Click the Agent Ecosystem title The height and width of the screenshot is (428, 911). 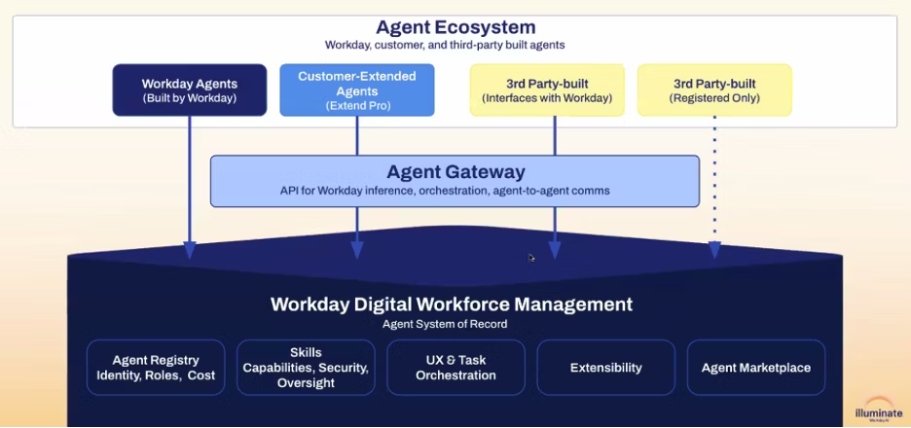click(x=455, y=27)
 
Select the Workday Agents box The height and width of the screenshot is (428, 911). click(x=189, y=90)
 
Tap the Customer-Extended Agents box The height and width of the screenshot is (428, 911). click(x=356, y=90)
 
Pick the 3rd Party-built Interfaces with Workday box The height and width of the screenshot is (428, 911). click(x=547, y=90)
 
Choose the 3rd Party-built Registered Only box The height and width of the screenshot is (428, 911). click(x=714, y=90)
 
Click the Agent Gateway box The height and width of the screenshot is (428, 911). click(x=455, y=181)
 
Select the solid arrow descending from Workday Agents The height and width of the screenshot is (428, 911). click(x=189, y=185)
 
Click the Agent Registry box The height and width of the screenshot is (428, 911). click(x=156, y=367)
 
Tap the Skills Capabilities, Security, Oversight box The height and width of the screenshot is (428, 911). click(x=306, y=367)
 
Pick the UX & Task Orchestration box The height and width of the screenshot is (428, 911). click(x=455, y=367)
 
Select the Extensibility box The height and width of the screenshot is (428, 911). click(x=605, y=367)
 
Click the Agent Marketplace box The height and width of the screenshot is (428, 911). click(x=755, y=367)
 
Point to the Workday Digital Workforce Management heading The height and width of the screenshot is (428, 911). click(x=452, y=304)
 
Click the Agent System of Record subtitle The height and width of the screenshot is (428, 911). click(x=445, y=324)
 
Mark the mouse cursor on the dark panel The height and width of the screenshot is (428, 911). click(x=531, y=258)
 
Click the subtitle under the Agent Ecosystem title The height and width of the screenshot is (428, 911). click(x=445, y=45)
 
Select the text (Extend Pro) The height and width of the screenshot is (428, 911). click(x=356, y=105)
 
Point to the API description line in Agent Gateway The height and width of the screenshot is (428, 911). click(x=445, y=191)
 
